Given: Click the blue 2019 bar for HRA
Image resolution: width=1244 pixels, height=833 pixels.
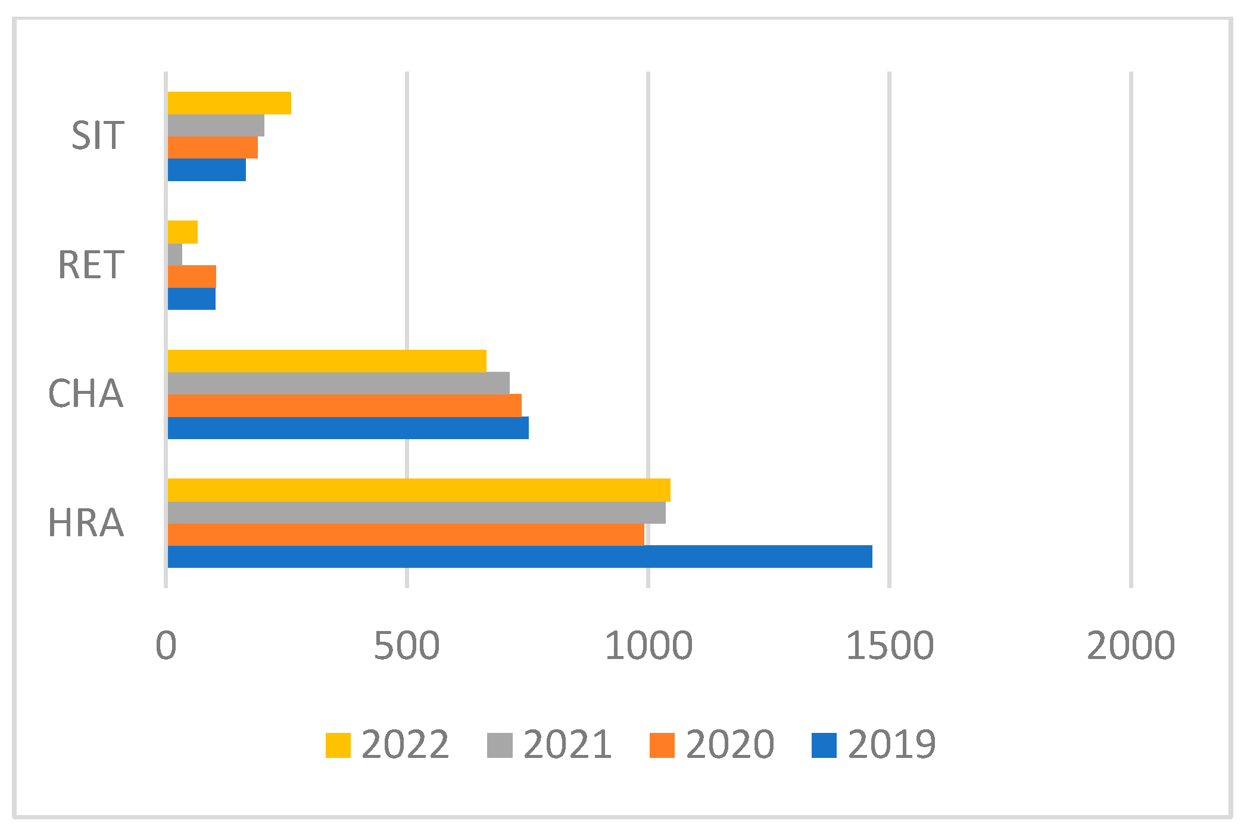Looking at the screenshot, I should (519, 557).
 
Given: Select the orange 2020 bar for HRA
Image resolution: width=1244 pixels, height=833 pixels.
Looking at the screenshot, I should (406, 534).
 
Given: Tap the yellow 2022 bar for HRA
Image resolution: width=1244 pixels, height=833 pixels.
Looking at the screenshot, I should (419, 490).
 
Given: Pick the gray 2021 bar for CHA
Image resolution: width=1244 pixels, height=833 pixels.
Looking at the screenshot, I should (338, 383).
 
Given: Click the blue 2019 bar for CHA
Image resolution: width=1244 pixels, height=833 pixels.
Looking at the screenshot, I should (348, 428).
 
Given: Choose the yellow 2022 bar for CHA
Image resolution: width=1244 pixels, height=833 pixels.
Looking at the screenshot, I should (327, 361).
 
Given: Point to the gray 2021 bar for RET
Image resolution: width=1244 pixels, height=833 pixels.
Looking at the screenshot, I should (175, 254).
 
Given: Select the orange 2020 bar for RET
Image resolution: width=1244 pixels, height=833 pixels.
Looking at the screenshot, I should (192, 276).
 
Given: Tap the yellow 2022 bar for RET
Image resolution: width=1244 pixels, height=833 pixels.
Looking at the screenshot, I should (183, 232).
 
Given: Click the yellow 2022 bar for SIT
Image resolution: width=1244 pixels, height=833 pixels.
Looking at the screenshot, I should (229, 102).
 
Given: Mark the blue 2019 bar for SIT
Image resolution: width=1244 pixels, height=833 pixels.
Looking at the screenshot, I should (207, 170).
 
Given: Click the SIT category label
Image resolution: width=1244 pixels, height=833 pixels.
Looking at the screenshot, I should (98, 135).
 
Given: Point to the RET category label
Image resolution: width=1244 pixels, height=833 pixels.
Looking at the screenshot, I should (91, 265).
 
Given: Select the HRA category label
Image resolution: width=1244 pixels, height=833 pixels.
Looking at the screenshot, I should (86, 523).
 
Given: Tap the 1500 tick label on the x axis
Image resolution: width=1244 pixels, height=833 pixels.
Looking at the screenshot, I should (890, 645).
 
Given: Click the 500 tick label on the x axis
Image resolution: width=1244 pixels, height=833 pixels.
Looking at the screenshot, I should (407, 645).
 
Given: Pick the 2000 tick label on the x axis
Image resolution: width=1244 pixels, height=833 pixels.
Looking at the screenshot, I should (1131, 645).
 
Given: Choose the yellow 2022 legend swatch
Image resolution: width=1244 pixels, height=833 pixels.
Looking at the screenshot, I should (338, 745).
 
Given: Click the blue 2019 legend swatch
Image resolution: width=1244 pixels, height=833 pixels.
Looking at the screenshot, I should (824, 745).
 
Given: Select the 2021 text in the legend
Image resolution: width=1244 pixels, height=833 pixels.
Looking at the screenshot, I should (568, 745).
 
